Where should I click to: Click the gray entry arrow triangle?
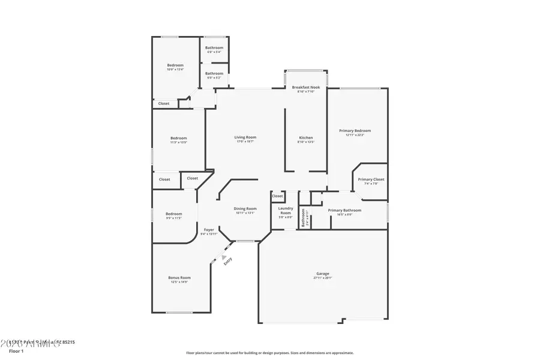(x=224, y=256)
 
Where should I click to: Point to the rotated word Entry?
(x=228, y=261)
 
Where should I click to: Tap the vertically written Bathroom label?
(x=304, y=217)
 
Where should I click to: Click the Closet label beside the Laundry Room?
(x=277, y=196)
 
